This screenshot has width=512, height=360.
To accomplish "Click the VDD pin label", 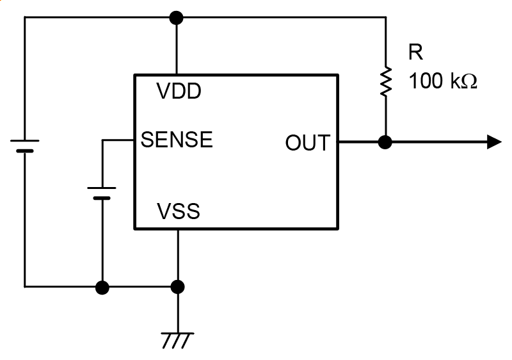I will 179,92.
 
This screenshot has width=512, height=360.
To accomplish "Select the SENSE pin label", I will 177,139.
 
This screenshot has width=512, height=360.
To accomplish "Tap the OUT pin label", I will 307,143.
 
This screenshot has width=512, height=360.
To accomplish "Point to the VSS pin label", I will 179,211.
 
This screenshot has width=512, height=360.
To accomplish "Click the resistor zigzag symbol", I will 385,82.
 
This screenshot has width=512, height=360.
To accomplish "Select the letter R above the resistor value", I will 416,53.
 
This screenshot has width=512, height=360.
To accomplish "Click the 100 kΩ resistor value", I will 443,81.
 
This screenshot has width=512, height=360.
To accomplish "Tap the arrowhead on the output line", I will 494,142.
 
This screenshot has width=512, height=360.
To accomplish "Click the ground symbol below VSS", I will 178,340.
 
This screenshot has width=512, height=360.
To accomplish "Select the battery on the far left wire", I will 25,145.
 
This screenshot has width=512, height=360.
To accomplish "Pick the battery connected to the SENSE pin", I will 102,193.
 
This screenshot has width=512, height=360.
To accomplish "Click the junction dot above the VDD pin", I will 177,17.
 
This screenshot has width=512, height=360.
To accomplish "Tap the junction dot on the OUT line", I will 385,142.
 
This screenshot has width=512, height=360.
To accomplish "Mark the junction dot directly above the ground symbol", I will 178,286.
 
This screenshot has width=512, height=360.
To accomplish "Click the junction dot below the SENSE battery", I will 102,286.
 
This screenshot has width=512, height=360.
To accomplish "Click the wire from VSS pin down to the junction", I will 178,256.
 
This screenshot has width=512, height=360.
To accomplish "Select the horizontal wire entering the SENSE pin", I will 118,140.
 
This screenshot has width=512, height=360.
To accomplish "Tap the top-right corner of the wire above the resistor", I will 385,17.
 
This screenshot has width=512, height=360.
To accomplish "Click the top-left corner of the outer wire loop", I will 25,17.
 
